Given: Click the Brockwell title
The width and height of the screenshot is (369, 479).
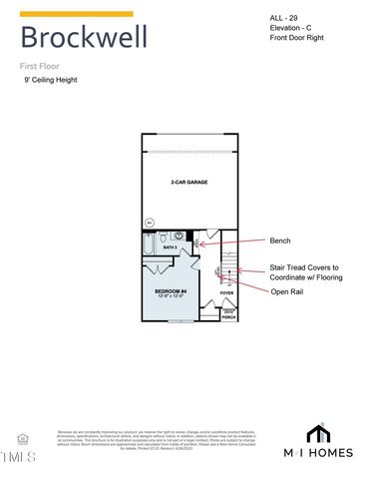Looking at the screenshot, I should (84, 38).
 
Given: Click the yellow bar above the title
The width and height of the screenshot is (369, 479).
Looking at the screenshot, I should (76, 14).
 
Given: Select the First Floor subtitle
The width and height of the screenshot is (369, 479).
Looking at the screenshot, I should (40, 65).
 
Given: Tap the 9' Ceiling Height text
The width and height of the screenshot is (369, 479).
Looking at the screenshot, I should (50, 80).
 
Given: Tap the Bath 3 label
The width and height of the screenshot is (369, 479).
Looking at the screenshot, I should (170, 247).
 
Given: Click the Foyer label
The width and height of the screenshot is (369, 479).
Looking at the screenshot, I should (226, 292).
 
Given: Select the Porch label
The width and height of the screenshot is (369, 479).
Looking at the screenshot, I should (228, 316).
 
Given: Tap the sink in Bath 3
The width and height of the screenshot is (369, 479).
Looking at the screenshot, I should (181, 236).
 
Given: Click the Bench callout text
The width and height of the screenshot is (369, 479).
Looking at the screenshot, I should (280, 240).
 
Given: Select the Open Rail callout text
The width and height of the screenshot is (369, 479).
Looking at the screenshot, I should (289, 291).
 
